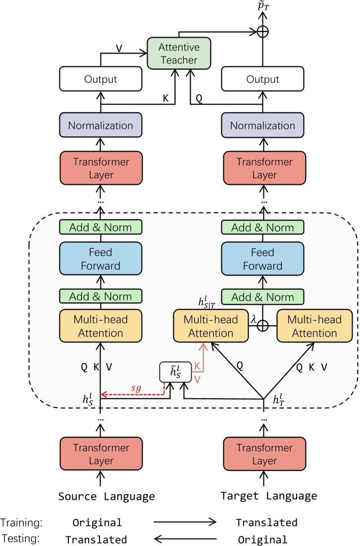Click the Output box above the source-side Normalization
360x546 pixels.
click(x=101, y=79)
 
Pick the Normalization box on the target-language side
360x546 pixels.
click(x=263, y=125)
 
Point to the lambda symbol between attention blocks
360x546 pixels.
click(x=254, y=320)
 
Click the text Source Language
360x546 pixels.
click(x=106, y=496)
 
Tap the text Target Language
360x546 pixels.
click(x=269, y=496)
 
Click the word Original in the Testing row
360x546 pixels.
click(x=262, y=540)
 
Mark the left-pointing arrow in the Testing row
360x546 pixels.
click(x=185, y=539)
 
